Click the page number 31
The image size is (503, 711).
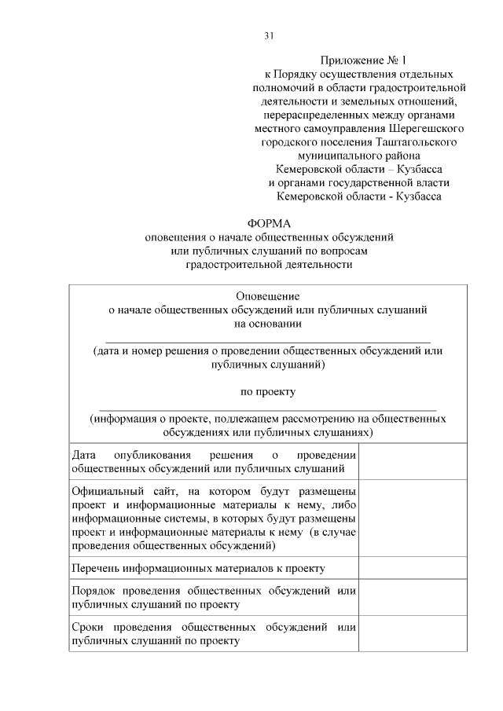coord(269,35)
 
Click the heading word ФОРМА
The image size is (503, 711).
coord(269,223)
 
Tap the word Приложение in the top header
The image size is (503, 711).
coord(351,60)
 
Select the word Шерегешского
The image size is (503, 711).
coord(426,128)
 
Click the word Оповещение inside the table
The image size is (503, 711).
coord(268,296)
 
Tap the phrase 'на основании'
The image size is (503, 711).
coord(268,323)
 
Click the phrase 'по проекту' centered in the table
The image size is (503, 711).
coord(268,390)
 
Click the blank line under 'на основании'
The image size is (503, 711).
coord(268,340)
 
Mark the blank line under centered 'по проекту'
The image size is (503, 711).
coord(268,408)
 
